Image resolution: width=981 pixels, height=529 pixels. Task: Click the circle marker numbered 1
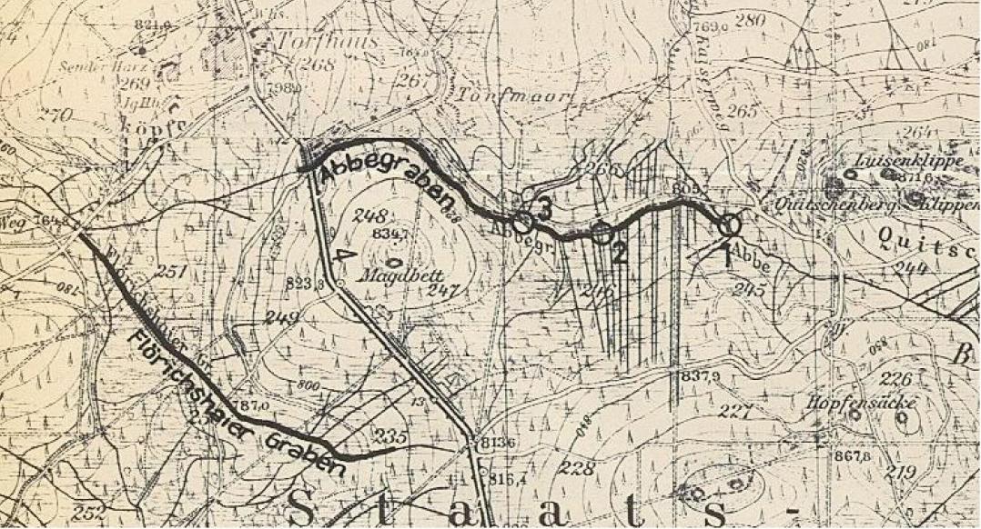pos(730,223)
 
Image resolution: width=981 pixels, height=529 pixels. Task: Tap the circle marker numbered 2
pos(602,232)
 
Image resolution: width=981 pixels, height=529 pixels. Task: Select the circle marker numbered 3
pos(521,221)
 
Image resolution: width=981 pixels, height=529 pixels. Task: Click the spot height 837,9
pos(697,375)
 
